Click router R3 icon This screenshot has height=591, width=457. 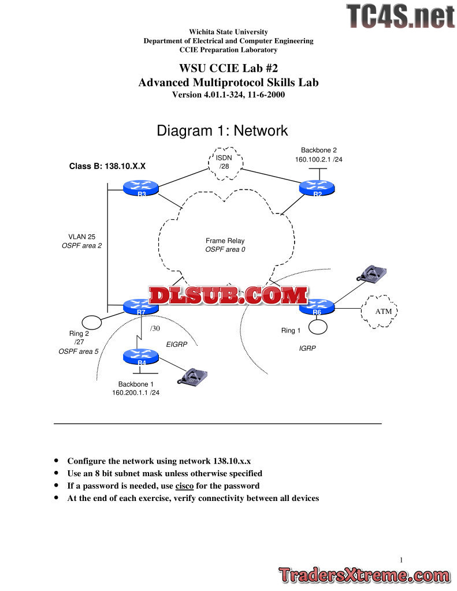pos(140,188)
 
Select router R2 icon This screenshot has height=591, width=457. pos(317,188)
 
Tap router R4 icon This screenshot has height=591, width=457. pos(141,357)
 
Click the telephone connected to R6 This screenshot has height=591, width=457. pos(370,274)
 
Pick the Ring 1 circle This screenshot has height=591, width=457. pos(318,327)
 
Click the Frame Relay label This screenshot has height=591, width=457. pos(225,241)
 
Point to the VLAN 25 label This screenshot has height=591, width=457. pos(81,236)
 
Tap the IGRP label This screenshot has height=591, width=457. pos(307,349)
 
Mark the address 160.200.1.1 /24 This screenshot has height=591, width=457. pos(136,392)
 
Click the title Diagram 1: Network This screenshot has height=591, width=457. pos(222,131)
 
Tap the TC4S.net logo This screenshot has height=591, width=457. pos(400,16)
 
